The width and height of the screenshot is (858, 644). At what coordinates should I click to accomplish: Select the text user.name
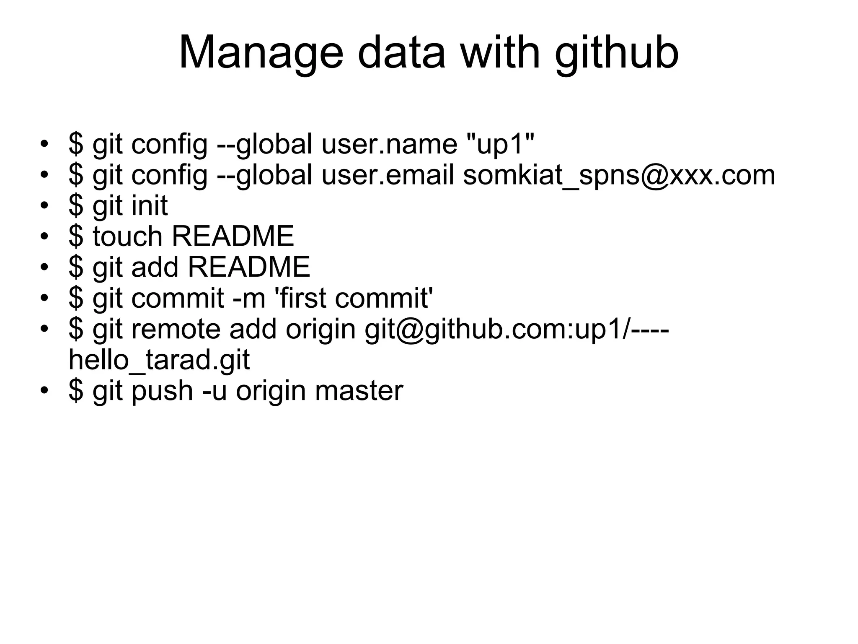389,144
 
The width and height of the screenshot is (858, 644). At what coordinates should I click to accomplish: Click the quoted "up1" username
500,144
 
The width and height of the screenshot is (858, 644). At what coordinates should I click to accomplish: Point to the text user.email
388,175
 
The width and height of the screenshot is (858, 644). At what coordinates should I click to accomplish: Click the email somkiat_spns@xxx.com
619,175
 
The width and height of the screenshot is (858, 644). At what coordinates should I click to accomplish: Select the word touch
127,236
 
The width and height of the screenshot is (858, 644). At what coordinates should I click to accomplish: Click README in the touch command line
233,236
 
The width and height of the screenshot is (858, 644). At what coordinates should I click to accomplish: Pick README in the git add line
249,267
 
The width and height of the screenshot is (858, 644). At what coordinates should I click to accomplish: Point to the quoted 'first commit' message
353,299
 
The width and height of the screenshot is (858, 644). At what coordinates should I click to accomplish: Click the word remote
176,329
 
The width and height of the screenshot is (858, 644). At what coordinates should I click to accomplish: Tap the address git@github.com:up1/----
516,329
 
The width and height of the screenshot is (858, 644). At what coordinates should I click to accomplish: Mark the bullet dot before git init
44,206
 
